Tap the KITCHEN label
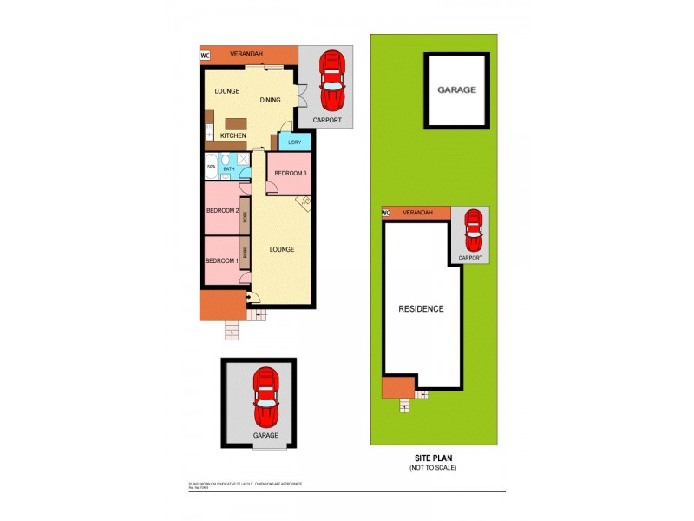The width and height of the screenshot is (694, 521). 232,135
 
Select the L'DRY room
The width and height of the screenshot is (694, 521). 294,142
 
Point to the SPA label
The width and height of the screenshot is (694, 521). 211,167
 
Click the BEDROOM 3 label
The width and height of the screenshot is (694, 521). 291,174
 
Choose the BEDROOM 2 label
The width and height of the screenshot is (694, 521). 222,211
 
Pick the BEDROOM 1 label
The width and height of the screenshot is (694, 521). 220,261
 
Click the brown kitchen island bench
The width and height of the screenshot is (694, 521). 236,122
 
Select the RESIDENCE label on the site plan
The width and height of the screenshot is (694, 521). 422,309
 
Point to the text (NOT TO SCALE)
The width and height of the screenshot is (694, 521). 433,468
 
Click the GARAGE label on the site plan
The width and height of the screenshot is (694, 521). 456,89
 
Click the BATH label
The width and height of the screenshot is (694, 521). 229,169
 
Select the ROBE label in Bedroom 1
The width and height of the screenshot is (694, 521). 245,254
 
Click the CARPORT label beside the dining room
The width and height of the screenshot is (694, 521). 327,120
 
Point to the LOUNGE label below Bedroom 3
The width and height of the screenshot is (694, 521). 281,249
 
